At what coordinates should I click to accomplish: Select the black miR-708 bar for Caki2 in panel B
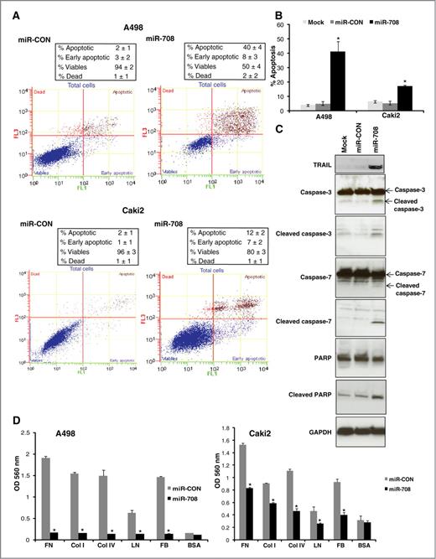point(405,97)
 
